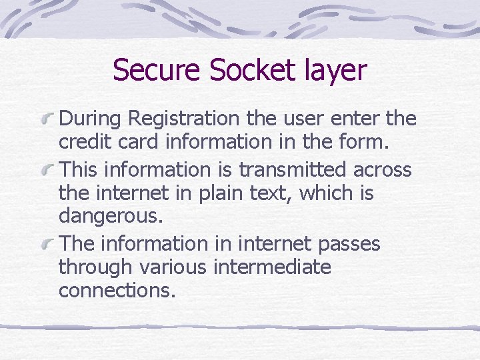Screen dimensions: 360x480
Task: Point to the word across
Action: point(383,169)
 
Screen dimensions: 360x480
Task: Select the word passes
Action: point(349,244)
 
